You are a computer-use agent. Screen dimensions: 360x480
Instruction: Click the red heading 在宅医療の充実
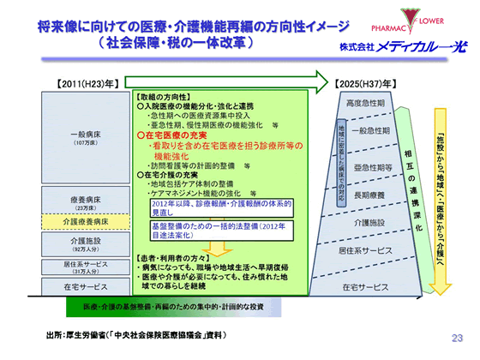click(x=177, y=135)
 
